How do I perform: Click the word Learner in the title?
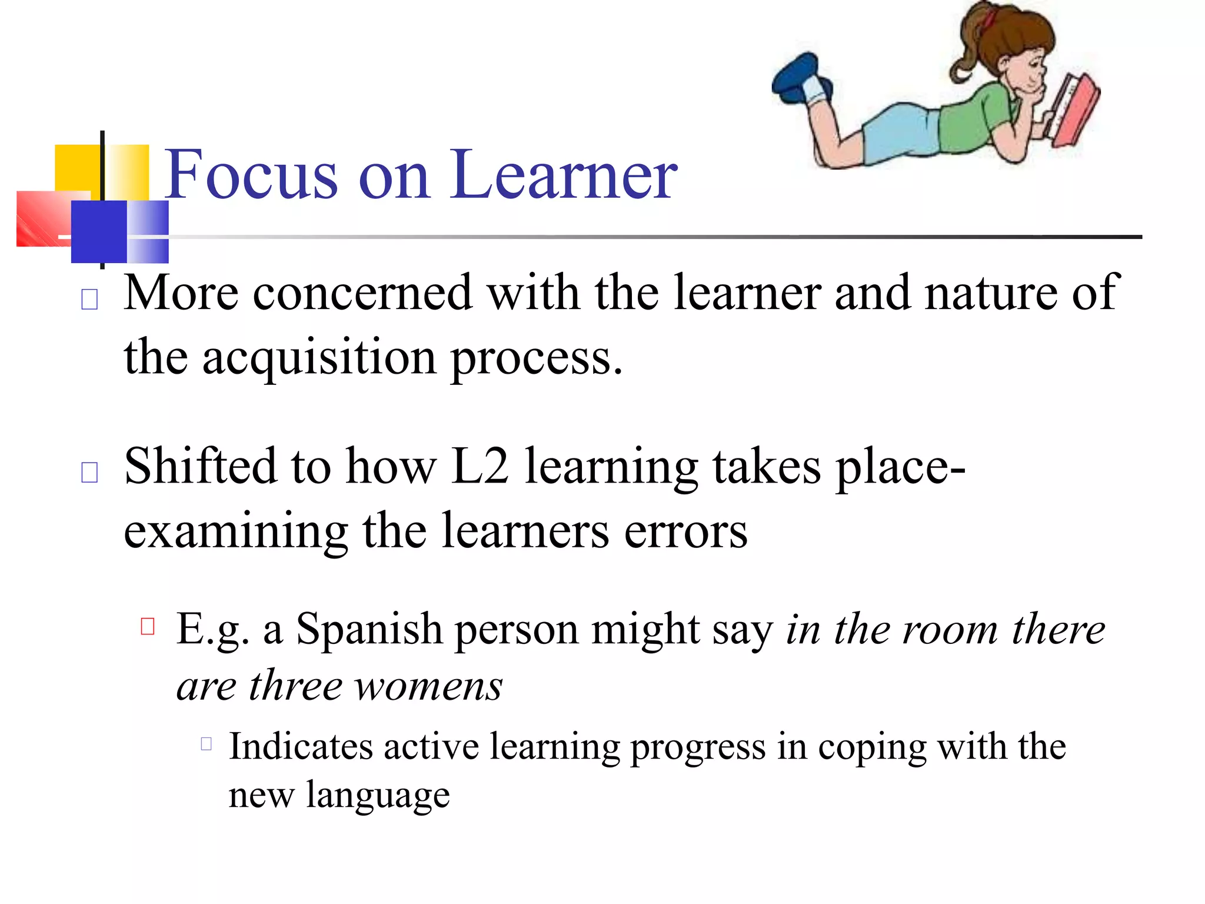click(564, 175)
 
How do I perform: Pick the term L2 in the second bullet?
click(480, 466)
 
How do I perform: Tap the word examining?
click(235, 531)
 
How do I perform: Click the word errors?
click(685, 531)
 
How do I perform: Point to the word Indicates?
click(301, 747)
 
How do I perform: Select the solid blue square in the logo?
click(99, 231)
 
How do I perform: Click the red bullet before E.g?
click(148, 626)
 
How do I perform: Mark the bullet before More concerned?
click(89, 300)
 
